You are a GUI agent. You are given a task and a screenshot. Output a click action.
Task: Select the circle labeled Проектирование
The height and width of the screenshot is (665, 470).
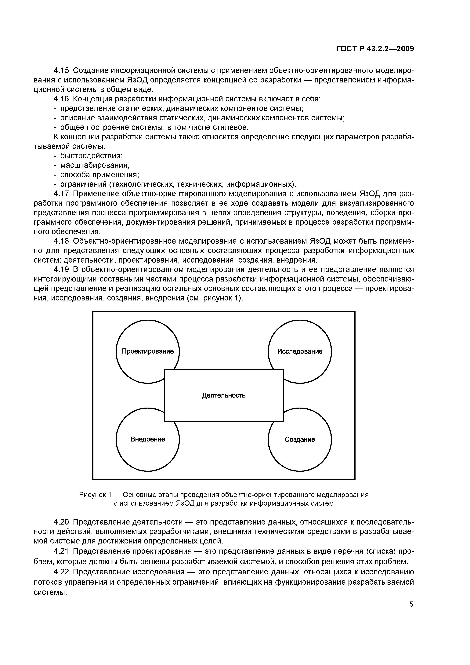click(x=148, y=351)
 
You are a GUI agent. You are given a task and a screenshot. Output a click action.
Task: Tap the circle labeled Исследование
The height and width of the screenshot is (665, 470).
click(x=300, y=351)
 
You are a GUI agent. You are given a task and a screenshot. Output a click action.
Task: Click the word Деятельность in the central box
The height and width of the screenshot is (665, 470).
click(x=224, y=395)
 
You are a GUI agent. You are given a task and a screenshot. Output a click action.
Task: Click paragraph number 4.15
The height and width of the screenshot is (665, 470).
click(x=61, y=70)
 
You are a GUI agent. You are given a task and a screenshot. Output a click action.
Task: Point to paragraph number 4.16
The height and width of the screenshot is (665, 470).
click(x=61, y=99)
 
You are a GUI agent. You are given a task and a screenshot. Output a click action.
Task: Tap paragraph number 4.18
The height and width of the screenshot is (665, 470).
click(x=61, y=241)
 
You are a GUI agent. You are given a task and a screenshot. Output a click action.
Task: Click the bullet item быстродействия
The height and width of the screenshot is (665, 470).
click(x=91, y=156)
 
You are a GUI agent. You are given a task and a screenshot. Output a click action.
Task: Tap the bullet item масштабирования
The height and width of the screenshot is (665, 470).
click(x=95, y=165)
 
